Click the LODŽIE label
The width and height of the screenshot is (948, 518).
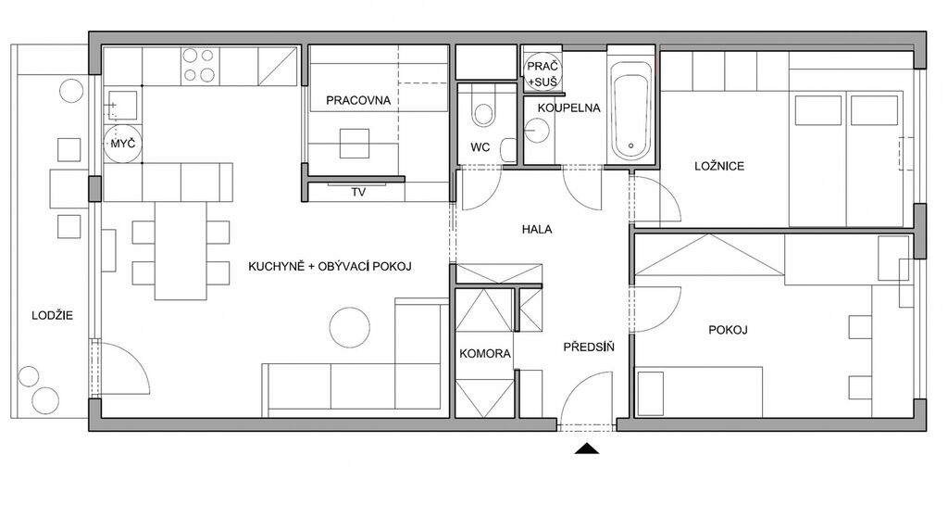(52, 315)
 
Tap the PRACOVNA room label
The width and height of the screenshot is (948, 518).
(358, 100)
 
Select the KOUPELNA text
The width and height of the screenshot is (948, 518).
(569, 107)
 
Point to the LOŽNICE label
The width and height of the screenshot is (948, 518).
(718, 166)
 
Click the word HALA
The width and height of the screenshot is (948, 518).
(537, 230)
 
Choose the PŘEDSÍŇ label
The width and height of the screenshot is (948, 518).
(589, 347)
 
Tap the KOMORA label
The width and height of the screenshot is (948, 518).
(485, 353)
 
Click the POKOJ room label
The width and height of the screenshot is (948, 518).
(728, 330)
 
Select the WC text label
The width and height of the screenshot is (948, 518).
(480, 147)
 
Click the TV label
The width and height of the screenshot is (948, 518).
(358, 193)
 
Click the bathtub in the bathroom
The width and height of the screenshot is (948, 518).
(631, 110)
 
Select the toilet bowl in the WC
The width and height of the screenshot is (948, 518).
(483, 112)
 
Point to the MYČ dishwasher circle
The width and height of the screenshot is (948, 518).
(123, 144)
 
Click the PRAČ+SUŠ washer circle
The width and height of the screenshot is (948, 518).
(543, 73)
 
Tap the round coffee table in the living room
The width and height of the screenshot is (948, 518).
(349, 327)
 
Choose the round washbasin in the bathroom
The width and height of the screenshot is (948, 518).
(536, 130)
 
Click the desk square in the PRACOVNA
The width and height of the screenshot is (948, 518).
(354, 144)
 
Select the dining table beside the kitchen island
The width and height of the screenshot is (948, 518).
(181, 250)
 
